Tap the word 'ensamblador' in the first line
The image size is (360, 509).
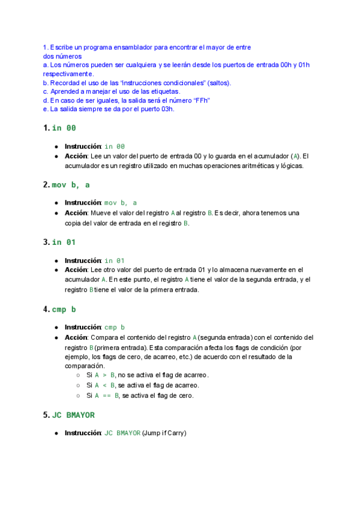pyautogui.click(x=129, y=47)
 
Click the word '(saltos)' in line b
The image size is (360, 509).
pyautogui.click(x=219, y=82)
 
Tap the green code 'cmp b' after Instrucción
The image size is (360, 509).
pyautogui.click(x=115, y=327)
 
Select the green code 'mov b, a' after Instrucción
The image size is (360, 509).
pyautogui.click(x=121, y=203)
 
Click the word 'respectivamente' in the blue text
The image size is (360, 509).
pyautogui.click(x=68, y=73)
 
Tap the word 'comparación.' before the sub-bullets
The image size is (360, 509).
pyautogui.click(x=85, y=366)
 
